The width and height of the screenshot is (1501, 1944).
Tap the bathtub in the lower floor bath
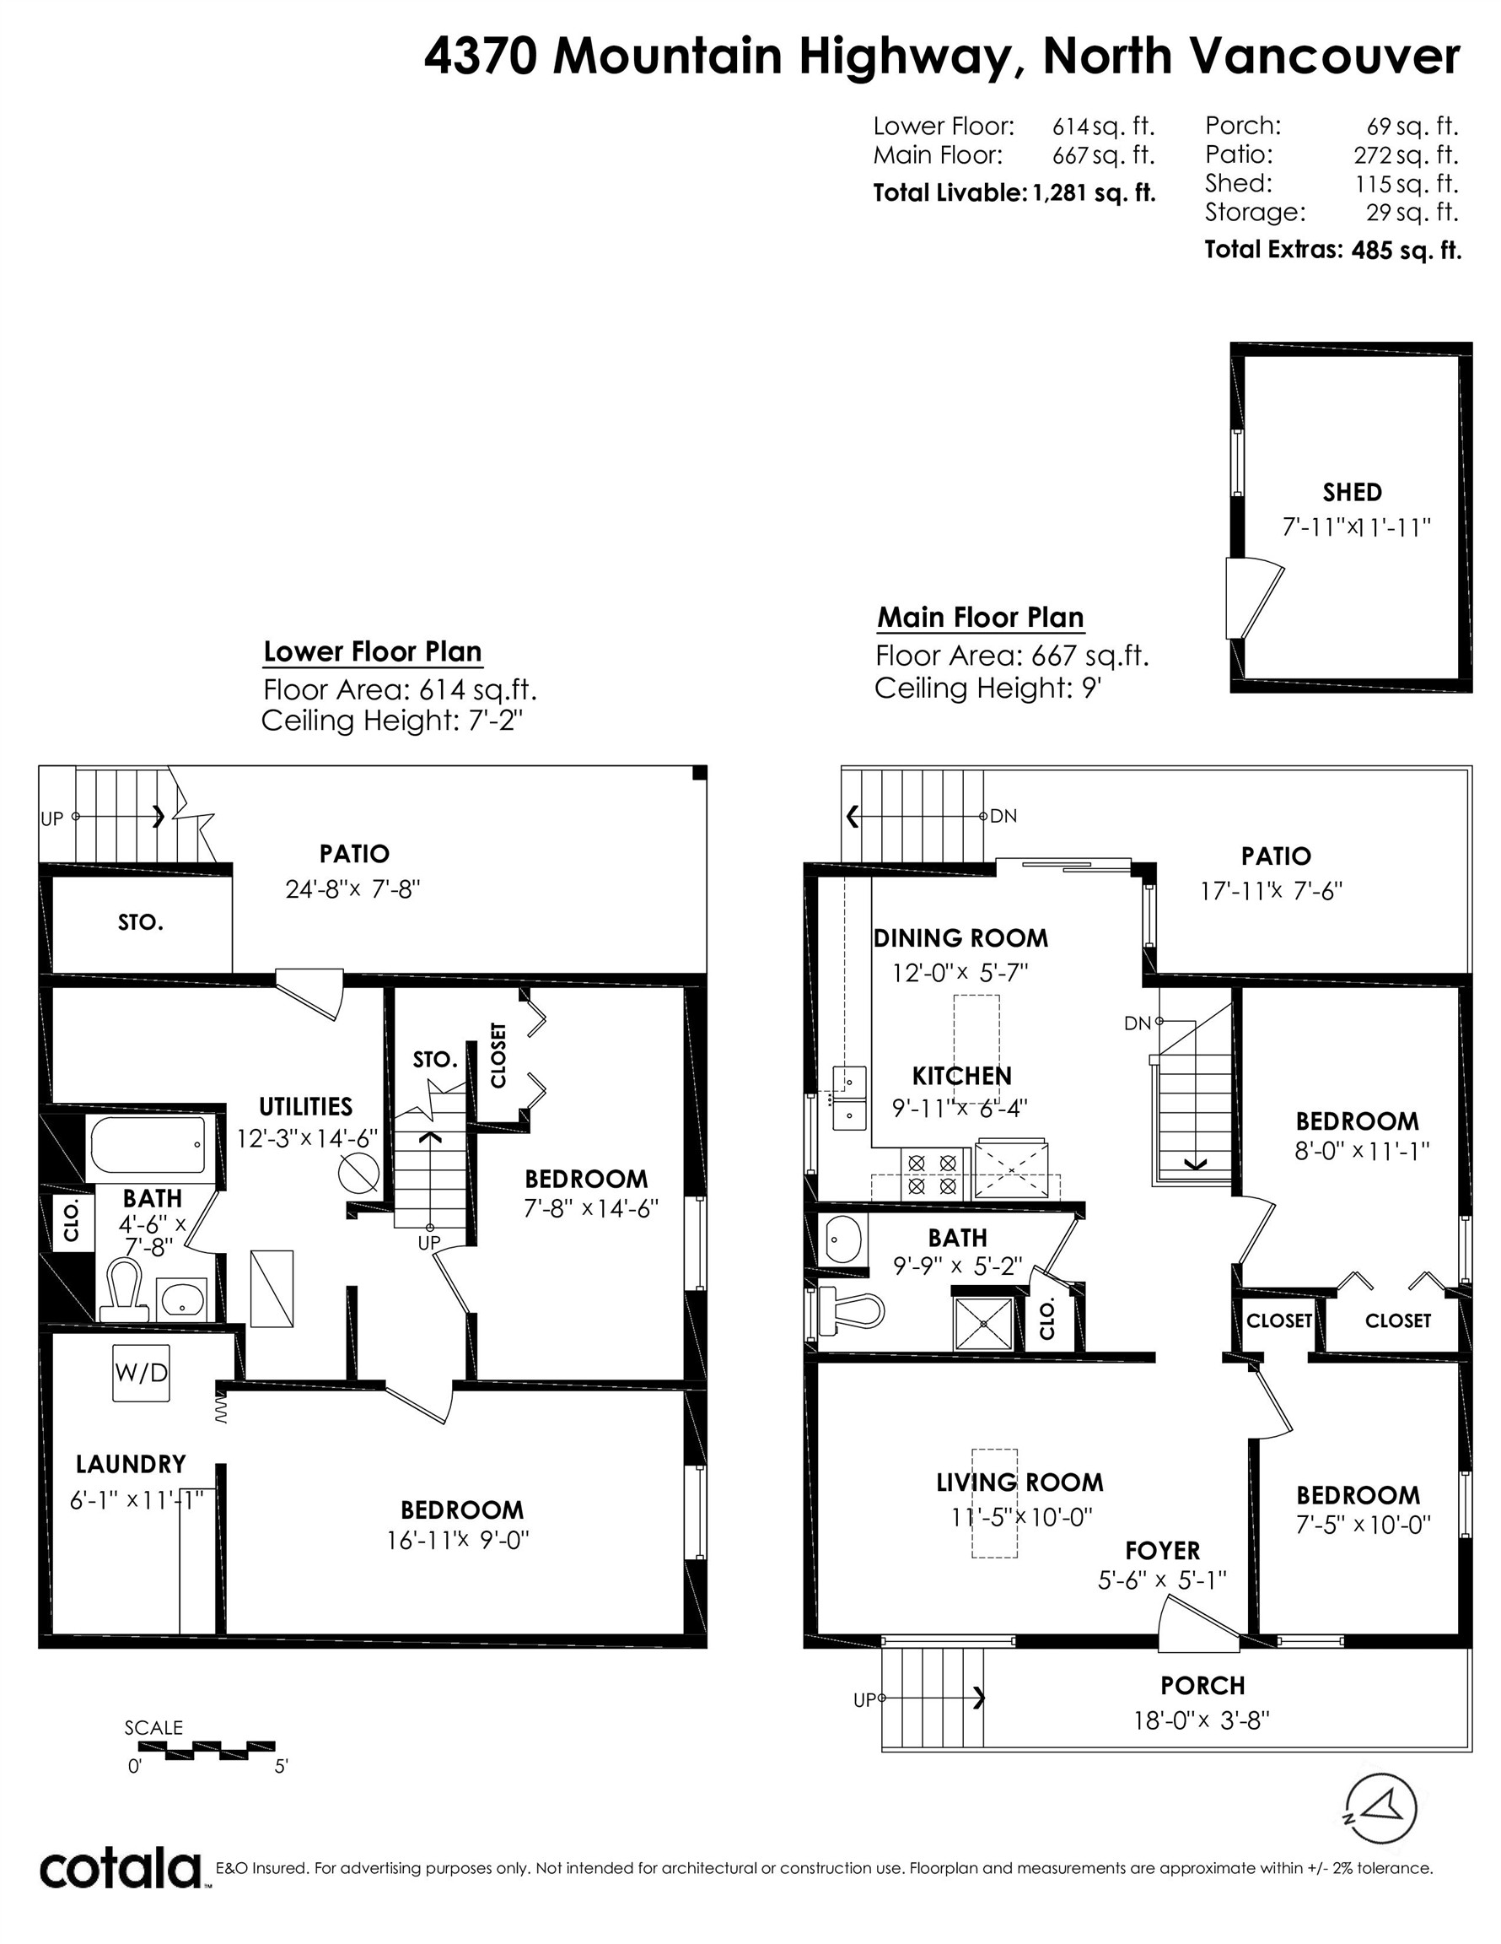click(x=148, y=1145)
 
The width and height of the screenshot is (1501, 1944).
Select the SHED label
click(x=1352, y=492)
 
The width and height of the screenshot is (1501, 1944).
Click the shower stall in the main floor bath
click(x=983, y=1324)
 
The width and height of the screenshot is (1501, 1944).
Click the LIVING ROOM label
click(x=1019, y=1482)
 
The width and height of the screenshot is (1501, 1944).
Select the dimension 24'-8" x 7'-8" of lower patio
click(x=352, y=889)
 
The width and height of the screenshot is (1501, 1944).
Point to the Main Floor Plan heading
click(x=980, y=617)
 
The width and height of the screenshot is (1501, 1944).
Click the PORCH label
click(x=1202, y=1686)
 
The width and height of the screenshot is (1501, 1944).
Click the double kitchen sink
click(x=849, y=1097)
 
